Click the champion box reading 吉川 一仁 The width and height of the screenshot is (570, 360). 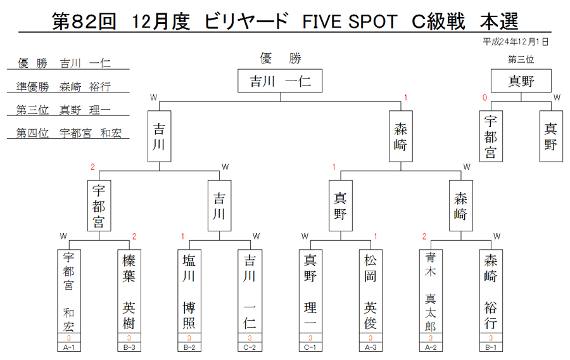point(280,80)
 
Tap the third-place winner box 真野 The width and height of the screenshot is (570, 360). point(521,80)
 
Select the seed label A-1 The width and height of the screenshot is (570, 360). point(68,347)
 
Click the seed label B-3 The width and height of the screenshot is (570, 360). point(129,347)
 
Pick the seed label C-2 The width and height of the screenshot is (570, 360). point(250,347)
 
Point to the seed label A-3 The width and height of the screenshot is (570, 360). point(370,347)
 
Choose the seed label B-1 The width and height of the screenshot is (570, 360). point(491,347)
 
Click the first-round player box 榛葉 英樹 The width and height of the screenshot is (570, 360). point(129,292)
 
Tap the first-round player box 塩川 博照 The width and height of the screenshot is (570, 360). point(189,292)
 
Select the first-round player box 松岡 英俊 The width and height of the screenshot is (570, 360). point(370,292)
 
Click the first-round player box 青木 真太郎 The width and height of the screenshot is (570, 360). point(431,292)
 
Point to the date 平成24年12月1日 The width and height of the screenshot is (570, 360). point(516,42)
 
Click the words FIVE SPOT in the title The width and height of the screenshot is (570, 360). point(350,21)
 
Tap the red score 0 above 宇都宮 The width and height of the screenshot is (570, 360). point(484,98)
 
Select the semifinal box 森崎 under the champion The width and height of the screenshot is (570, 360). point(401,136)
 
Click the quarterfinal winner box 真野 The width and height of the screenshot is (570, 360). point(341,206)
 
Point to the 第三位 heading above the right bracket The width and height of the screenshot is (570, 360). point(521,60)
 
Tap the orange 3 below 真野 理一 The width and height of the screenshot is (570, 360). point(310,338)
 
